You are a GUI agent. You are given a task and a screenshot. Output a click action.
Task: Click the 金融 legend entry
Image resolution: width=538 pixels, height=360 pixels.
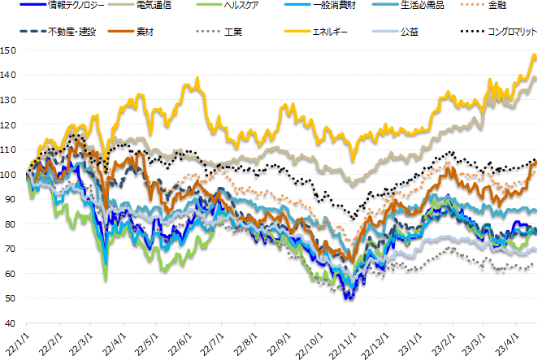[x=497, y=6]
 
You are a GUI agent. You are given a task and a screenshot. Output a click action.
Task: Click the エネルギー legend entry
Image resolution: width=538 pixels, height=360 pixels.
[x=329, y=33]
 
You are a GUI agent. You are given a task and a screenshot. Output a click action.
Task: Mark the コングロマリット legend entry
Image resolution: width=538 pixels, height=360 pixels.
[x=507, y=33]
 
